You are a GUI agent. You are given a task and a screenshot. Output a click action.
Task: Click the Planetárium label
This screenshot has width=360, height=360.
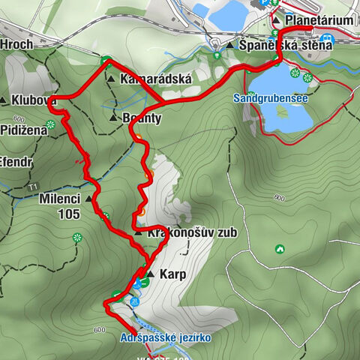pyautogui.click(x=319, y=21)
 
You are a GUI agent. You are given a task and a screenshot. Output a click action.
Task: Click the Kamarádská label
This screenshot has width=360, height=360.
pyautogui.click(x=150, y=78)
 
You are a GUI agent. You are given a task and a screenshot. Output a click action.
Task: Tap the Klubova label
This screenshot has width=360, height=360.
pyautogui.click(x=34, y=100)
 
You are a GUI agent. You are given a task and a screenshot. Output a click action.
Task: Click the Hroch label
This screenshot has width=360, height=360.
pyautogui.click(x=16, y=45)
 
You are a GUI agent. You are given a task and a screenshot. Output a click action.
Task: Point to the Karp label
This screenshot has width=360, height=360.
pyautogui.click(x=172, y=274)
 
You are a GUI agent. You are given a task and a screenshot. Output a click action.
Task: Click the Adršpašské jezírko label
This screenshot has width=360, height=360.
pyautogui.click(x=166, y=338)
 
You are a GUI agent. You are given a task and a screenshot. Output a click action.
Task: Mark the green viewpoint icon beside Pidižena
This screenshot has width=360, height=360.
pyautogui.click(x=50, y=124)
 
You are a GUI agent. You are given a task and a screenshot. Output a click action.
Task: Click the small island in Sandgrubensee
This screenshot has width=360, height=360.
pyautogui.click(x=283, y=112)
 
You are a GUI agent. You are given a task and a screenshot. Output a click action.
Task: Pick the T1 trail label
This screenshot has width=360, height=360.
pyautogui.click(x=32, y=186)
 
